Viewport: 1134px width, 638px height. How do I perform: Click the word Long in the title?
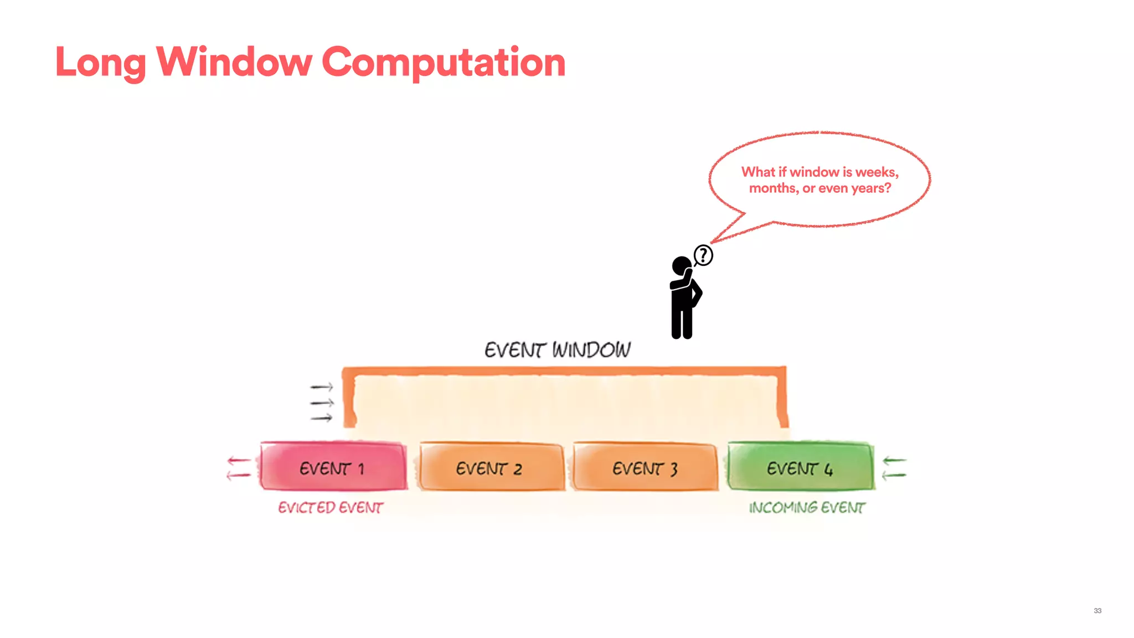point(100,62)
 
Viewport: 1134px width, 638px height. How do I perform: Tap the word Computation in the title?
point(443,62)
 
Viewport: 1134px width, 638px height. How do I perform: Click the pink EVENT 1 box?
point(333,466)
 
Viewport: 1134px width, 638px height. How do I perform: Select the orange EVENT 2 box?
point(491,467)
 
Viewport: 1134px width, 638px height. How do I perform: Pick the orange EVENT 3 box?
point(646,467)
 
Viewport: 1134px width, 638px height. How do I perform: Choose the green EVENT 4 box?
point(800,466)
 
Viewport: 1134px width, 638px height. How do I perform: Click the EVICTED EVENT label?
point(331,507)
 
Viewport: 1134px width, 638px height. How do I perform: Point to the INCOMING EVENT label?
point(807,507)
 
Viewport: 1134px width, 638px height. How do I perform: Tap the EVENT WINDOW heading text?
point(557,350)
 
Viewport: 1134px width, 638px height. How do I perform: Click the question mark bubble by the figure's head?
point(703,255)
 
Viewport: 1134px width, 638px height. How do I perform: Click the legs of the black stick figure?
point(682,321)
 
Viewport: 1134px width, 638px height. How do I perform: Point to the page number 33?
point(1097,610)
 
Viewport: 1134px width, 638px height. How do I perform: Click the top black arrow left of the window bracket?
point(322,387)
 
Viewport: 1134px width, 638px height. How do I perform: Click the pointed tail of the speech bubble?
point(720,237)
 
